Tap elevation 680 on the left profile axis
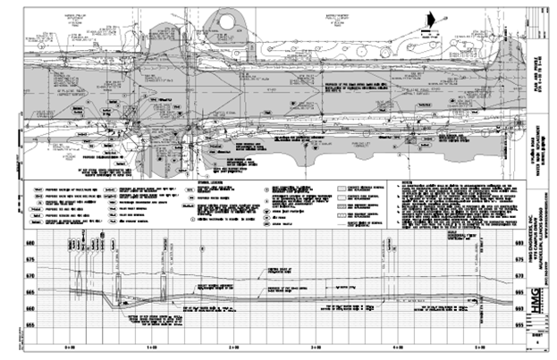click(30, 242)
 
